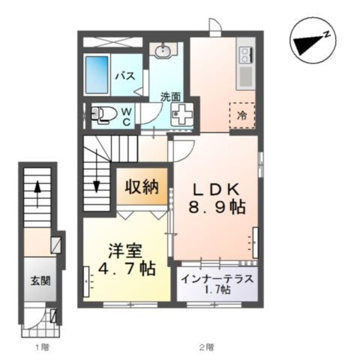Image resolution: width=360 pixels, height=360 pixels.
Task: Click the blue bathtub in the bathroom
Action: [x=97, y=76]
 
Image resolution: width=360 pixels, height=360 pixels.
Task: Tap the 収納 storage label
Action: [x=142, y=187]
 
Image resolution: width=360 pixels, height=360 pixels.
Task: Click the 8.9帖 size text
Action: [x=218, y=208]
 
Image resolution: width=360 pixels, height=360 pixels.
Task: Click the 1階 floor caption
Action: [x=40, y=346]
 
